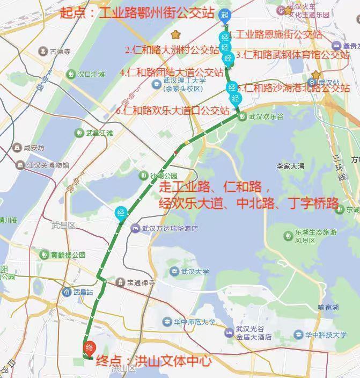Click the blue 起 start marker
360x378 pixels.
[x=225, y=15]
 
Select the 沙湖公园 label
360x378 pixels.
[x=164, y=176]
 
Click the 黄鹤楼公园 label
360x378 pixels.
[x=68, y=255]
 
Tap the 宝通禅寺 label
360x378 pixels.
[x=141, y=282]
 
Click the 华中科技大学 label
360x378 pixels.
[x=326, y=335]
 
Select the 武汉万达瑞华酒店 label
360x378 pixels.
[x=170, y=228]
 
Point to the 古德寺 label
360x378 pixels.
[x=60, y=52]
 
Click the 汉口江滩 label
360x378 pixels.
[x=91, y=75]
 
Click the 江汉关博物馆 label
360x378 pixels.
[x=48, y=165]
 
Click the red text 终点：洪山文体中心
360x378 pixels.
[x=153, y=361]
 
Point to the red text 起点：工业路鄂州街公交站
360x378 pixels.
[x=137, y=13]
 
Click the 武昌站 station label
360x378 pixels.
[x=83, y=292]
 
